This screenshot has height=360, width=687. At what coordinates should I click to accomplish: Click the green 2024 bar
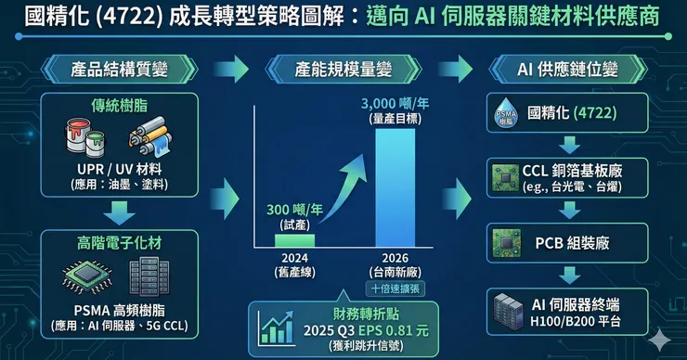click(x=294, y=241)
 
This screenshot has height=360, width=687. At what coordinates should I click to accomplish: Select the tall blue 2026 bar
click(x=395, y=187)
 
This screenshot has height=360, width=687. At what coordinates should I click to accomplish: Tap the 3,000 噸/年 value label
click(x=395, y=104)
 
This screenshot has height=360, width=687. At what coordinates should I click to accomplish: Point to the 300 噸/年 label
click(x=294, y=210)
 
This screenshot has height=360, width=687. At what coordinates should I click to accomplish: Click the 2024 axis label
click(x=294, y=258)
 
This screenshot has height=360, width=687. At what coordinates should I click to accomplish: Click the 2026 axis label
click(x=395, y=258)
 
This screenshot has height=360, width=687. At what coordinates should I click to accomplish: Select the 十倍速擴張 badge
click(x=395, y=289)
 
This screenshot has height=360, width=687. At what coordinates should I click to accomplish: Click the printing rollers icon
click(x=150, y=136)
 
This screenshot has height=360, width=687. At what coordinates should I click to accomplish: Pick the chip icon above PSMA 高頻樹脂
click(x=87, y=276)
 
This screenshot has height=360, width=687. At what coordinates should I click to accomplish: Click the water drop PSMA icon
click(x=506, y=112)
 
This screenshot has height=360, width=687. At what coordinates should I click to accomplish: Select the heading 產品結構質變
click(x=119, y=70)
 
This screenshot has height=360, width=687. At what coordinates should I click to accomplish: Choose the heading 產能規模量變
click(x=343, y=70)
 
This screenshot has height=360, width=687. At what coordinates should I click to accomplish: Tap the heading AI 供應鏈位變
click(x=567, y=70)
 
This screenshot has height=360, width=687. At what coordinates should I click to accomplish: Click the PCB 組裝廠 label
click(x=572, y=243)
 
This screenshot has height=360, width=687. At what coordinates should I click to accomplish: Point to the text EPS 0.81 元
click(x=394, y=330)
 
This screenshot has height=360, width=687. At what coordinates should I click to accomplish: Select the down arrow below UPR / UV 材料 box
click(x=119, y=212)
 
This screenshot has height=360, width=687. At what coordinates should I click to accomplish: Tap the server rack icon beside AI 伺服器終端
click(x=508, y=312)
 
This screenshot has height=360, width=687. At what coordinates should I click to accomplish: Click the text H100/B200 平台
click(x=576, y=322)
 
